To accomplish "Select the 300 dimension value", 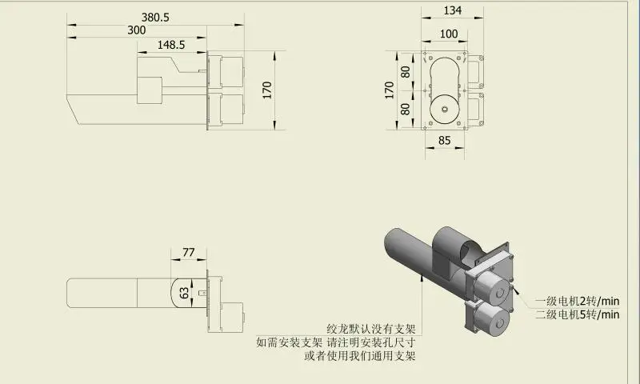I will [x=137, y=30].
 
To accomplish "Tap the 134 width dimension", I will [x=454, y=10].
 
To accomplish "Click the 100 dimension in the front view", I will [x=450, y=34].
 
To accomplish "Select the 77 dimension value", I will [x=189, y=252].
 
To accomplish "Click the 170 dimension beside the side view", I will [x=266, y=89].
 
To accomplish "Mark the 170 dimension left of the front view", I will [x=390, y=89].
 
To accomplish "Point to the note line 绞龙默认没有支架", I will [x=371, y=328].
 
